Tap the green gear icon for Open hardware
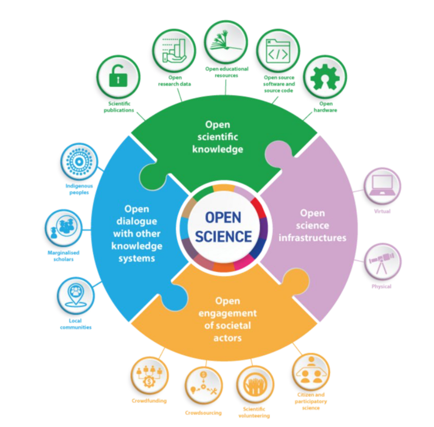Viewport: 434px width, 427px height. pyautogui.click(x=325, y=77)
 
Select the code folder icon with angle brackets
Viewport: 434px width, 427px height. pyautogui.click(x=278, y=51)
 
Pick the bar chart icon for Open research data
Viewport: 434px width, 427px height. pyautogui.click(x=174, y=51)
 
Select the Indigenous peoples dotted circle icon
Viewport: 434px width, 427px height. pyautogui.click(x=79, y=162)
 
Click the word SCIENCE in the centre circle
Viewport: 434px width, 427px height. pyautogui.click(x=223, y=236)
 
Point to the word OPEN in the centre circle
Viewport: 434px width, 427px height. pyautogui.click(x=223, y=217)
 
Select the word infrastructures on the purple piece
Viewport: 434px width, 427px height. pyautogui.click(x=312, y=238)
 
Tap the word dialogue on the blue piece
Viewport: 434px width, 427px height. pyautogui.click(x=137, y=222)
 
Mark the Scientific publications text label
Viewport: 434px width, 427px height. pyautogui.click(x=119, y=107)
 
